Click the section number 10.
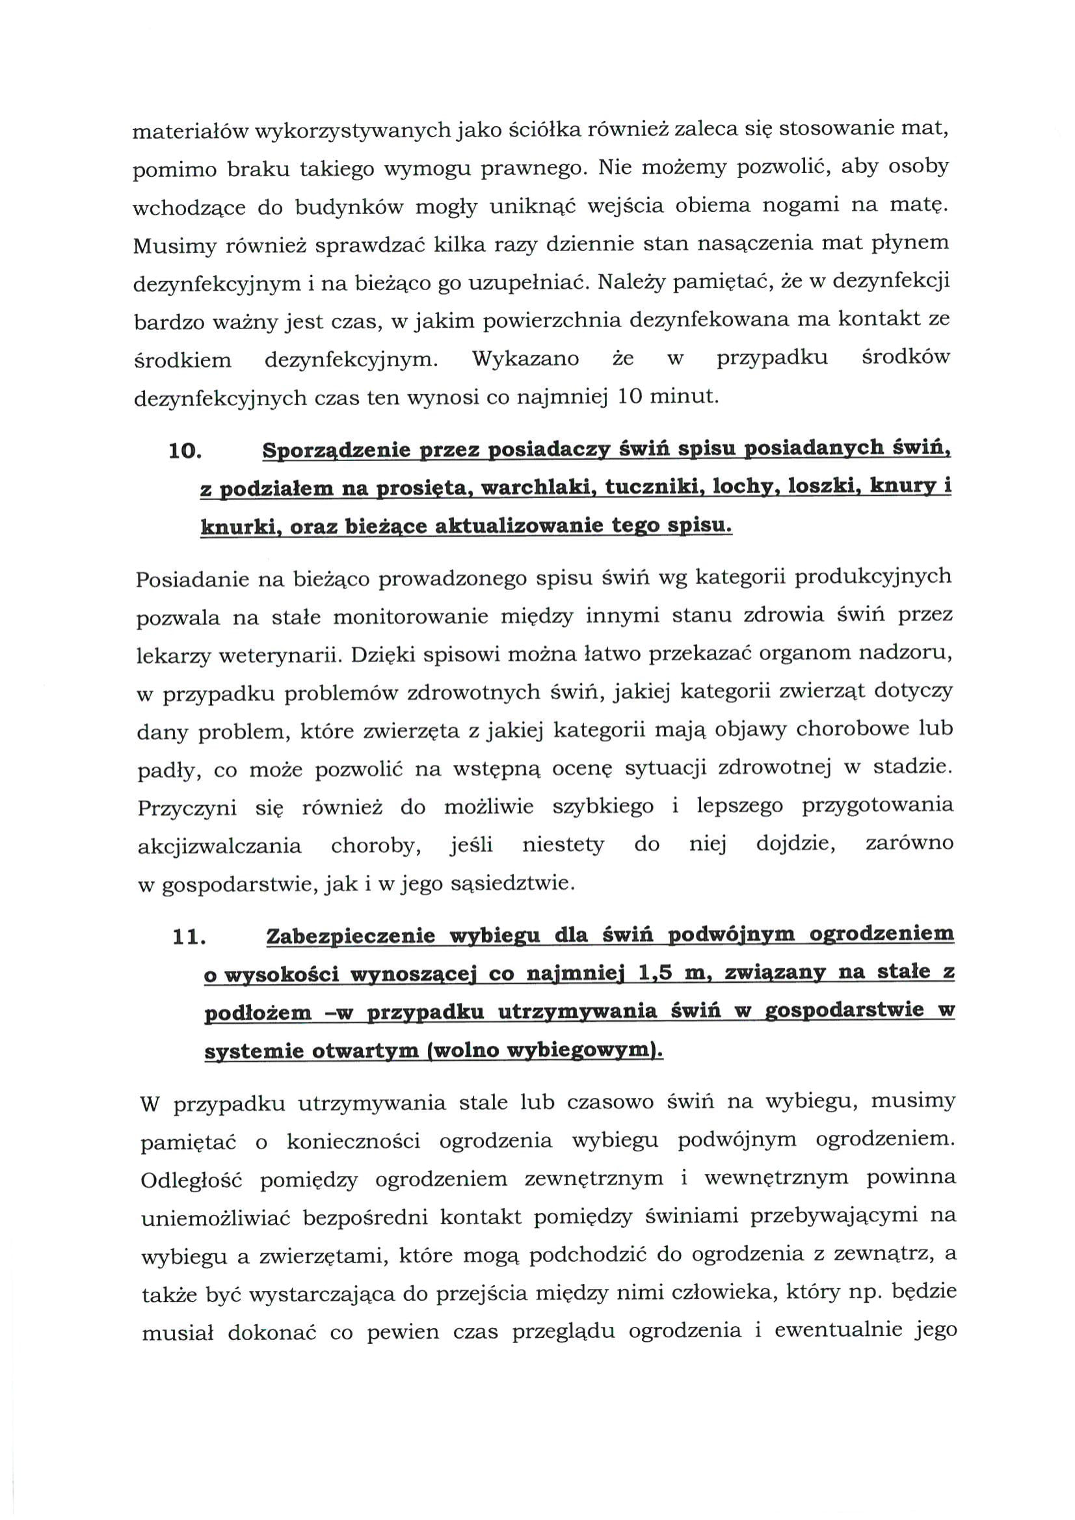[185, 452]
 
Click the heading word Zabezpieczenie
[350, 937]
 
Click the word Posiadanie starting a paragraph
[191, 580]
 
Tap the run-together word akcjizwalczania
[219, 846]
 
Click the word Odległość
[191, 1180]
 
